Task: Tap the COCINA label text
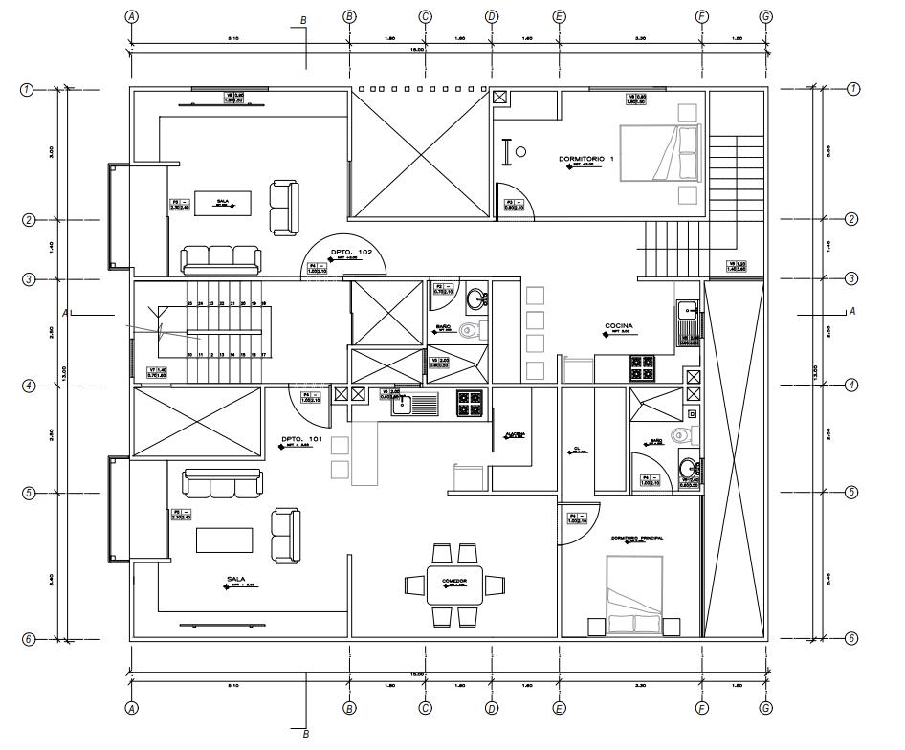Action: (619, 325)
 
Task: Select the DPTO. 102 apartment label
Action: (351, 252)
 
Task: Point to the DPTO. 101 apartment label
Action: (299, 440)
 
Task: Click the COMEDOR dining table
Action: (454, 584)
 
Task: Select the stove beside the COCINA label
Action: (641, 364)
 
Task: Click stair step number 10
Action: (190, 355)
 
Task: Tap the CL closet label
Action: (578, 448)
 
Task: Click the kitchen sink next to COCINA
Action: (687, 311)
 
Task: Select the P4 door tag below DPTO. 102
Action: (318, 268)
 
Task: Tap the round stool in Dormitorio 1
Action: (520, 151)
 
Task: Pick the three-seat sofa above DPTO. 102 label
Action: (220, 258)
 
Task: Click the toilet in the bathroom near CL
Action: (680, 436)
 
